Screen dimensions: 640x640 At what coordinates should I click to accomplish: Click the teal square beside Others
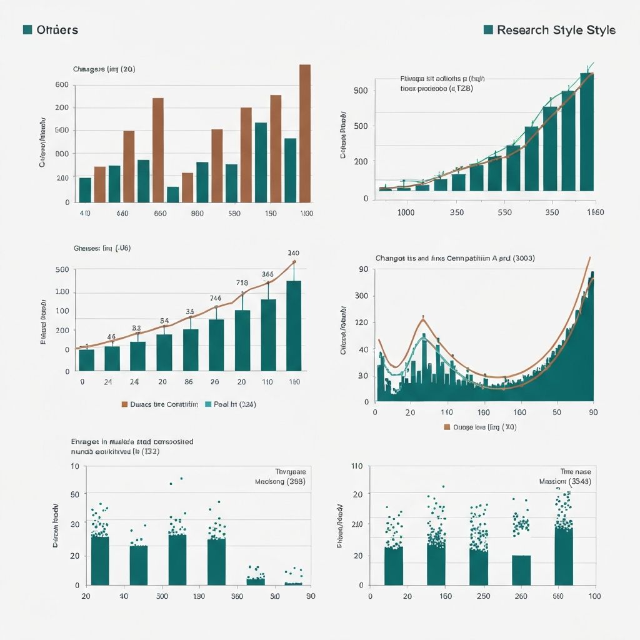pyautogui.click(x=27, y=30)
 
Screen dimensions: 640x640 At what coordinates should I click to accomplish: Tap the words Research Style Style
pyautogui.click(x=556, y=30)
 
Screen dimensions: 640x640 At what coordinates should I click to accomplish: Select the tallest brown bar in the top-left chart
pyautogui.click(x=305, y=133)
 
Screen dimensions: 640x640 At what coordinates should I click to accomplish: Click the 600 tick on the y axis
pyautogui.click(x=62, y=84)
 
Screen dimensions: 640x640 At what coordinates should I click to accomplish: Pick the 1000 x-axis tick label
pyautogui.click(x=406, y=212)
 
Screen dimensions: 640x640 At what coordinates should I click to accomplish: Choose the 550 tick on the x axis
pyautogui.click(x=504, y=212)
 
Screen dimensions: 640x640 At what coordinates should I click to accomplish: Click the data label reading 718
pyautogui.click(x=242, y=282)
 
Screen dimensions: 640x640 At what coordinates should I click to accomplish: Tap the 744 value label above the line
pyautogui.click(x=215, y=298)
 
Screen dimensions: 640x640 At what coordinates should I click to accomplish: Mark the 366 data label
pyautogui.click(x=267, y=274)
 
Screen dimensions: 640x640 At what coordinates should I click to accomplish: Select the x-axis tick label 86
pyautogui.click(x=188, y=382)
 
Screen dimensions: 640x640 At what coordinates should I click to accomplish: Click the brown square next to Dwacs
pyautogui.click(x=124, y=404)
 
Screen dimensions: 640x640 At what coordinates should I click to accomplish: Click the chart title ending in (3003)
pyautogui.click(x=454, y=257)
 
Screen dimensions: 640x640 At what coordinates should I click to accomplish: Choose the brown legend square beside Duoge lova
pyautogui.click(x=447, y=427)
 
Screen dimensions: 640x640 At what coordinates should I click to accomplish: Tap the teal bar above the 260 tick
pyautogui.click(x=521, y=569)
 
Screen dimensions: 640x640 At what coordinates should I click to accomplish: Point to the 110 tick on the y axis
pyautogui.click(x=357, y=466)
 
